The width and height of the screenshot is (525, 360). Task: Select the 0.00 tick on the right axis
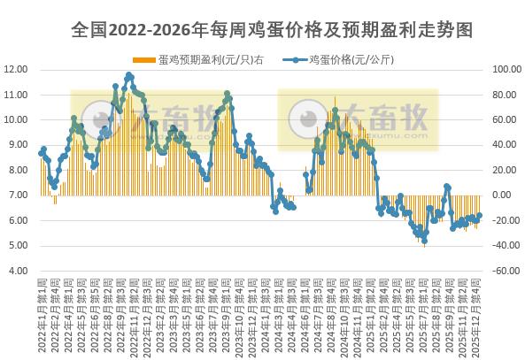(501, 195)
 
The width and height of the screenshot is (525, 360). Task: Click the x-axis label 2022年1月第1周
(41, 314)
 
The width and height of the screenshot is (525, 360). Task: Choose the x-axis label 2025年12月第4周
(478, 314)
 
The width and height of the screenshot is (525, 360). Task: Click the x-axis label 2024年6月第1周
(306, 314)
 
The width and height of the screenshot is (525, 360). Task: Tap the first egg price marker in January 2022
(41, 154)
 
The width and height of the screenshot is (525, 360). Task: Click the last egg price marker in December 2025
(479, 215)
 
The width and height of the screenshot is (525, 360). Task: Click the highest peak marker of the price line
(129, 75)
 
